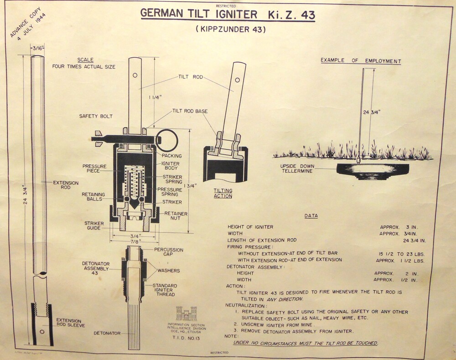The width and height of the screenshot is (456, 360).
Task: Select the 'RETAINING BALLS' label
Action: click(94, 196)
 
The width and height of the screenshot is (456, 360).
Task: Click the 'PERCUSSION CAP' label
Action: click(169, 252)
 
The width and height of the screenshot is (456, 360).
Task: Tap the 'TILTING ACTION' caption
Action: click(223, 193)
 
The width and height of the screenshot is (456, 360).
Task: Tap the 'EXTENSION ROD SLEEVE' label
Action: click(69, 324)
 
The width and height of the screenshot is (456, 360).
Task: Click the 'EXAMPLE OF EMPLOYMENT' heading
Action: click(361, 60)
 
